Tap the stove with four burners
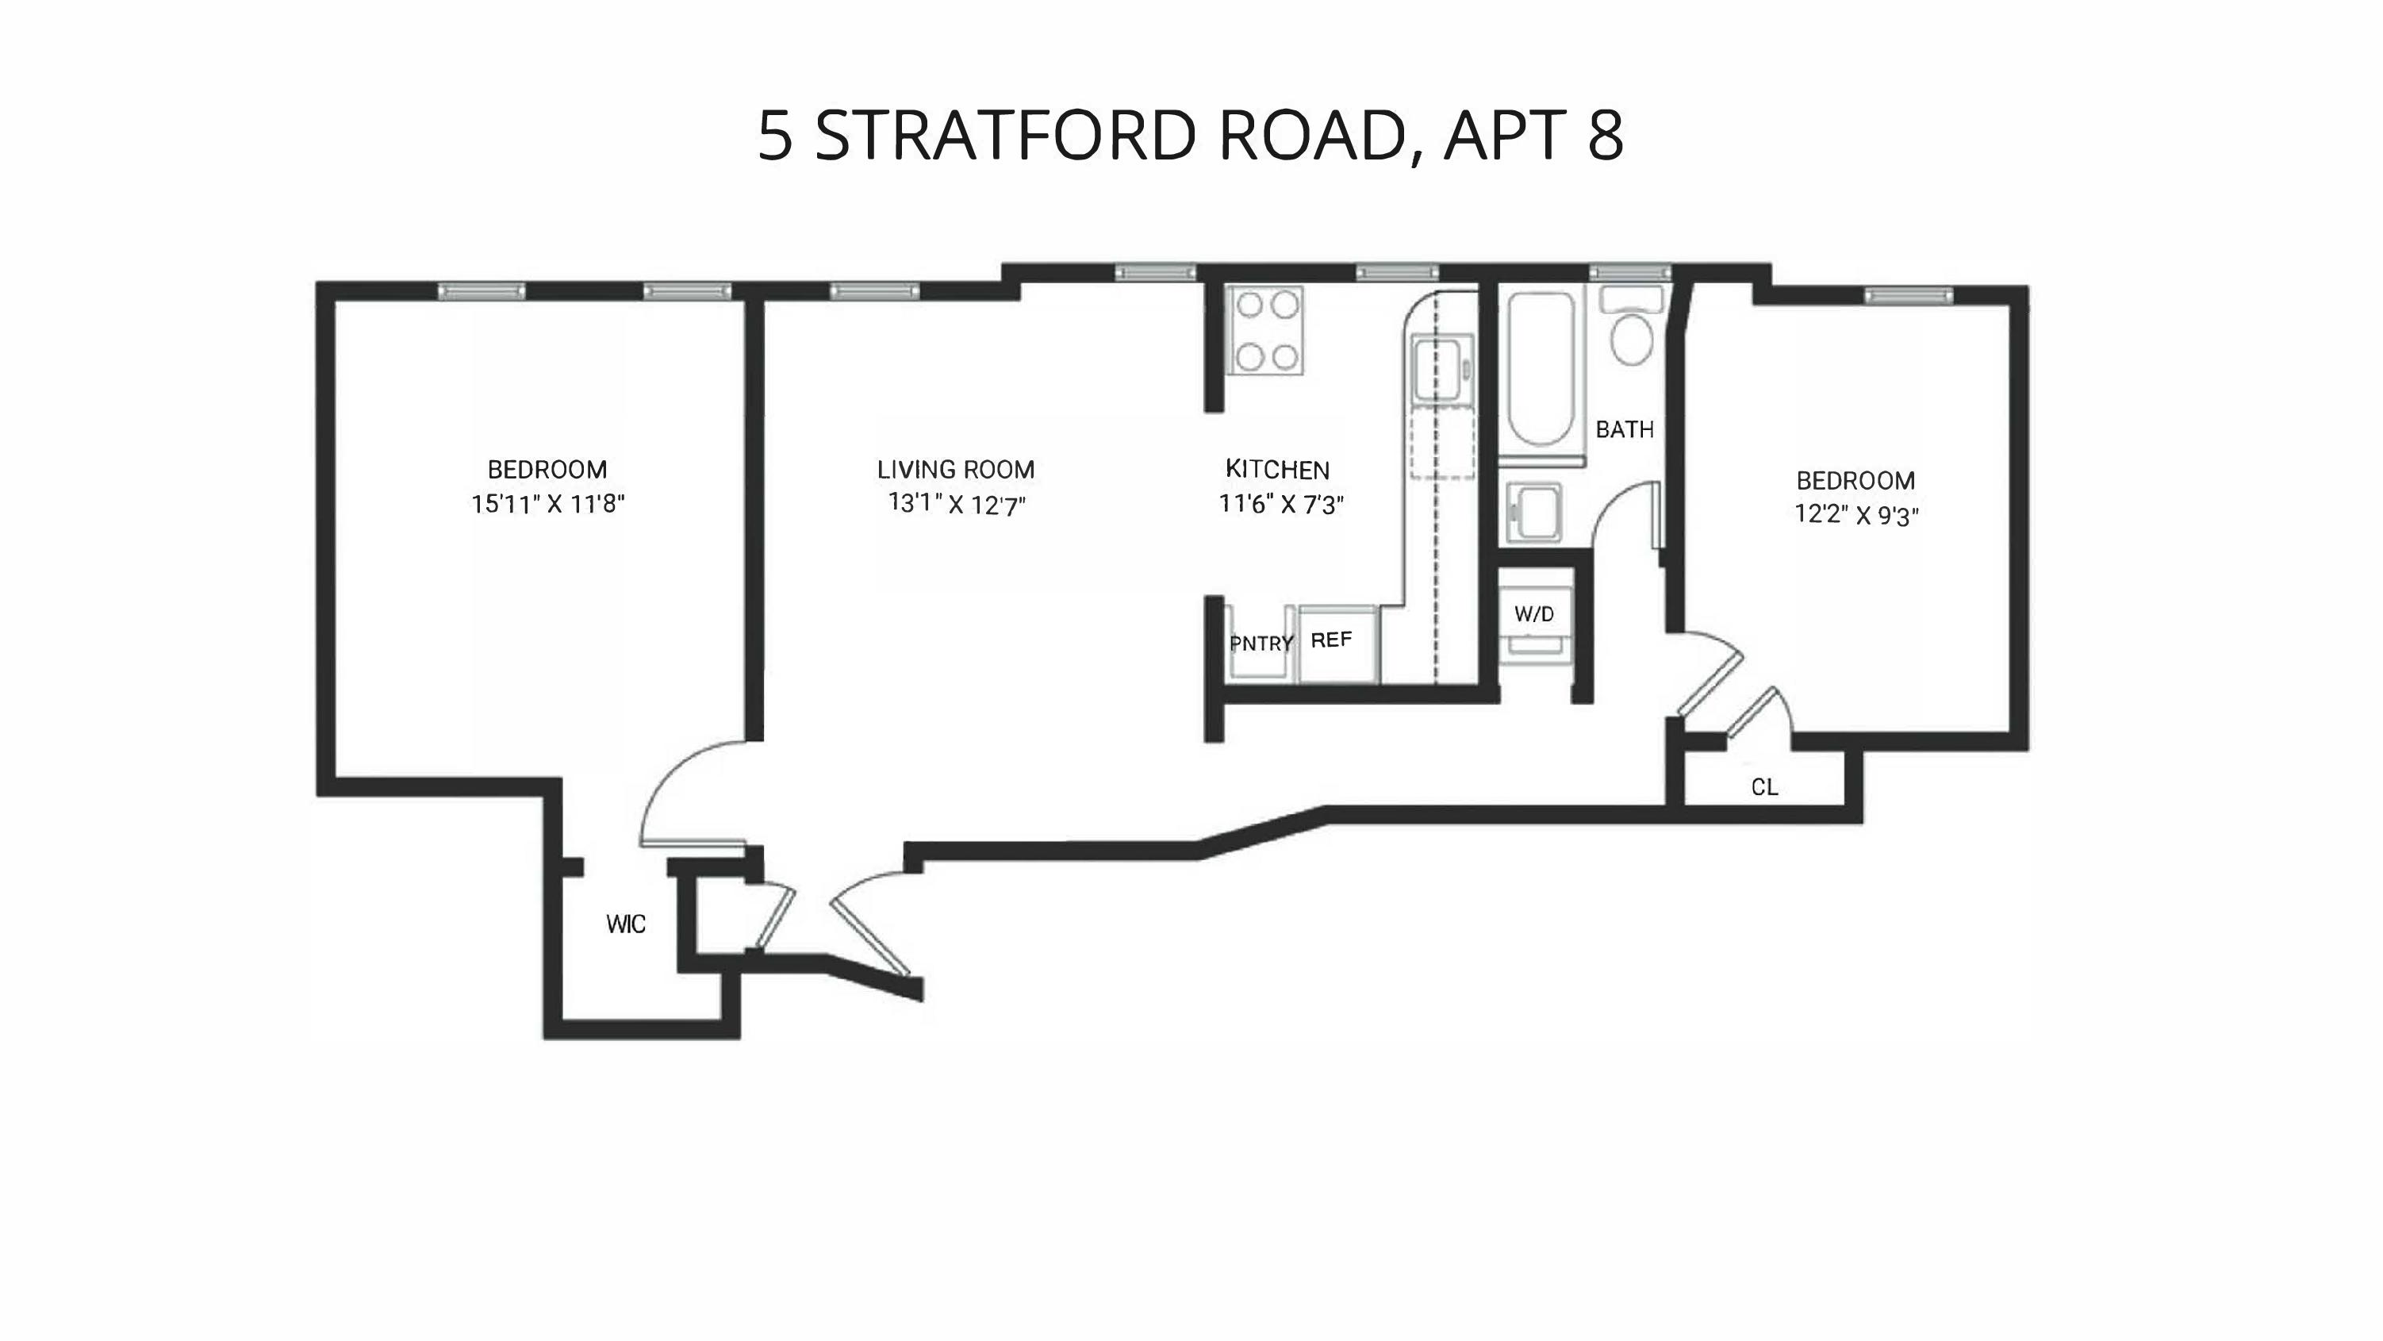1265,330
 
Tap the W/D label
1533,613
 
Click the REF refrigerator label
1331,640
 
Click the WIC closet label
625,924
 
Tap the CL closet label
1764,786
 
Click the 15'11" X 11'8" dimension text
547,505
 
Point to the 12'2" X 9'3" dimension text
1855,514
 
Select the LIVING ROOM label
956,469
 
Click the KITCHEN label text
1276,469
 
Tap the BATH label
1625,429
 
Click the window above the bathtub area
1630,273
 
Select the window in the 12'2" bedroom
1909,296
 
